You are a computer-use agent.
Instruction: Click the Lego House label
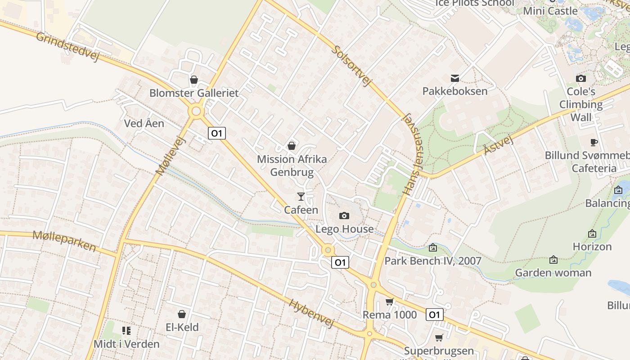click(344, 229)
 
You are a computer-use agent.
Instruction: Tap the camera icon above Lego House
click(344, 216)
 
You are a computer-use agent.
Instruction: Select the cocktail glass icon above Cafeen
click(301, 197)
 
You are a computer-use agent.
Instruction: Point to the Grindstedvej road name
click(67, 46)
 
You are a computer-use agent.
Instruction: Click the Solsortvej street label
click(352, 65)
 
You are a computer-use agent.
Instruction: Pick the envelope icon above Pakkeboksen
click(455, 78)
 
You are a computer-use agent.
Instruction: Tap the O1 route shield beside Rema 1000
click(434, 315)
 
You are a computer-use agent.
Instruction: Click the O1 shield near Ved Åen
click(217, 133)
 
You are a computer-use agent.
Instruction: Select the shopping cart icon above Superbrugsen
click(439, 337)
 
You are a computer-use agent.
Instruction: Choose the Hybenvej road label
click(312, 313)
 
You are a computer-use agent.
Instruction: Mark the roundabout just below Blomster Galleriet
click(196, 111)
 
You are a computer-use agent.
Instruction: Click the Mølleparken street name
click(64, 241)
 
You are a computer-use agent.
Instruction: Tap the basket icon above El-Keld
click(182, 314)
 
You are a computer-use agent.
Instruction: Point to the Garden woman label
click(553, 273)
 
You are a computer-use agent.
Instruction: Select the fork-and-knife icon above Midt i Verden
click(126, 331)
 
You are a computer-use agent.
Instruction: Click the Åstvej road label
click(498, 145)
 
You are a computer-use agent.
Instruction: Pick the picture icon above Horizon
click(592, 234)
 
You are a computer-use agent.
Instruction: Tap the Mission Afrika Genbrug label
click(292, 166)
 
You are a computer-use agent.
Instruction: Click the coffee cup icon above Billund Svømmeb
click(594, 143)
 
